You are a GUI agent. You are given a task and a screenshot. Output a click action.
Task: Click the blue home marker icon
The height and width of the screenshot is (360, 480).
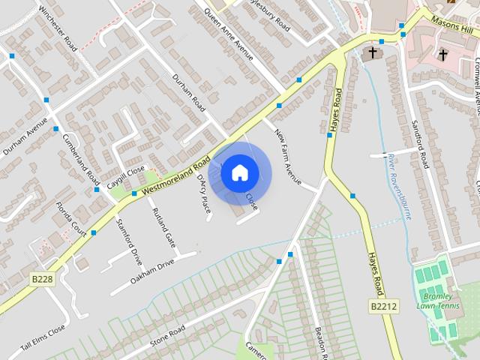pyautogui.click(x=238, y=172)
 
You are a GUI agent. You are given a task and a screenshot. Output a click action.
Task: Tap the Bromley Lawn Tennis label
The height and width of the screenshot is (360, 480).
pyautogui.click(x=438, y=300)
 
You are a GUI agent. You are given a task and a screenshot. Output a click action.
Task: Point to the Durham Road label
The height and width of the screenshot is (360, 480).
pyautogui.click(x=188, y=93)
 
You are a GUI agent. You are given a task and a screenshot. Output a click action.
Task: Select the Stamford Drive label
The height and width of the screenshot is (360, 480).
pyautogui.click(x=129, y=242)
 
